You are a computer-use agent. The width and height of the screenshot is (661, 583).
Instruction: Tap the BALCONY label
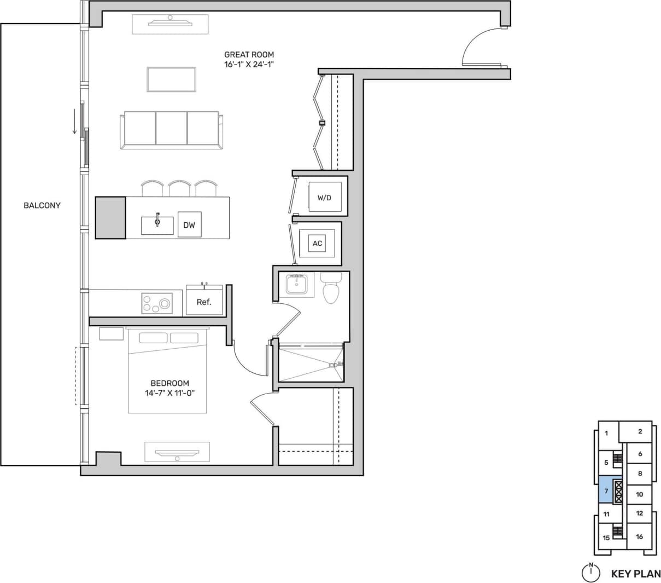[x=42, y=205]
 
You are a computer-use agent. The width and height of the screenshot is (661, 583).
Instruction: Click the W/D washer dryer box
[x=325, y=197]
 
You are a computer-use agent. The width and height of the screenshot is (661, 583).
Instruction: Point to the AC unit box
[x=318, y=243]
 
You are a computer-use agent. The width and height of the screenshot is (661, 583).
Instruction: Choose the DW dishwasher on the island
[x=189, y=224]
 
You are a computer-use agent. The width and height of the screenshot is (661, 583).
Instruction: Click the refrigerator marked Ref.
[x=204, y=301]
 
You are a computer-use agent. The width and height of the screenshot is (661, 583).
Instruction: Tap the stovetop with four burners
[x=157, y=303]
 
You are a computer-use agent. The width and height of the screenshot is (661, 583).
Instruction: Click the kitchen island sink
[x=157, y=224]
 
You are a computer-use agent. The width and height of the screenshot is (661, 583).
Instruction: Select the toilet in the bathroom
[x=331, y=287]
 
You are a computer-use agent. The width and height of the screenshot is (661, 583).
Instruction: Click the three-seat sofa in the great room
[x=172, y=130]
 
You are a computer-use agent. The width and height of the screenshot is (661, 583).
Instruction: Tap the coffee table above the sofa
[x=171, y=79]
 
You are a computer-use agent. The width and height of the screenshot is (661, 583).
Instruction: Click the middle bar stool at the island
[x=179, y=188]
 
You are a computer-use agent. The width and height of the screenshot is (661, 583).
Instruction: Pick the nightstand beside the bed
[x=111, y=333]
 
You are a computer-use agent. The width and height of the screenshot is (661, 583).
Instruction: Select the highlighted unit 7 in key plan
[x=606, y=490]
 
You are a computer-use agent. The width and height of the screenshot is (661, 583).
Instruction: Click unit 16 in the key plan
[x=639, y=536]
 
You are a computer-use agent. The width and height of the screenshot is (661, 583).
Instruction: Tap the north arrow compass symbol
[x=590, y=572]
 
